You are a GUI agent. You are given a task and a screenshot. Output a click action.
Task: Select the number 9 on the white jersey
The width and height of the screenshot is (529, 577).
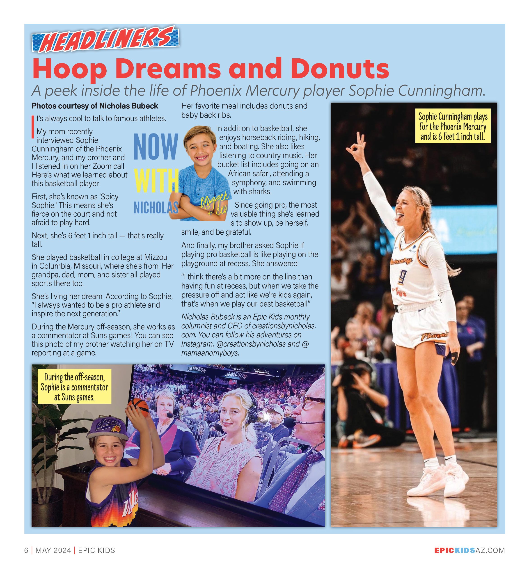point(402,277)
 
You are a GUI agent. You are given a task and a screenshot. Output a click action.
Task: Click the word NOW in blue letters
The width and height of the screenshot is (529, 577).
point(156,147)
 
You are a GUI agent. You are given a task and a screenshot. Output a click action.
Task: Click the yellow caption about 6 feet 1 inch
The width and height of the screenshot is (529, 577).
point(453,126)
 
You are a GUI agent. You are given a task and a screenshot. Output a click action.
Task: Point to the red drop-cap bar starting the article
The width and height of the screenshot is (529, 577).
point(33,127)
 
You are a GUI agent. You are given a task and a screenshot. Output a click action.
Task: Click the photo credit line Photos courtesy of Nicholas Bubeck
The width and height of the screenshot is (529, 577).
point(95,106)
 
